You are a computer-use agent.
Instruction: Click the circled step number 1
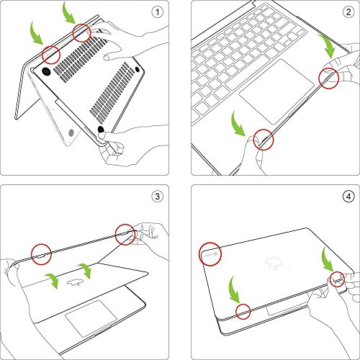click(156, 12)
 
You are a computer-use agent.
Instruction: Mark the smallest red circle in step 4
click(244, 311)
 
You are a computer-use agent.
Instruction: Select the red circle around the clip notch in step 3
click(40, 251)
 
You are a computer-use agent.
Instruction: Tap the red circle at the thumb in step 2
click(262, 140)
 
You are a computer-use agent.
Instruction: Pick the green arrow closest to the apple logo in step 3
click(85, 270)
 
